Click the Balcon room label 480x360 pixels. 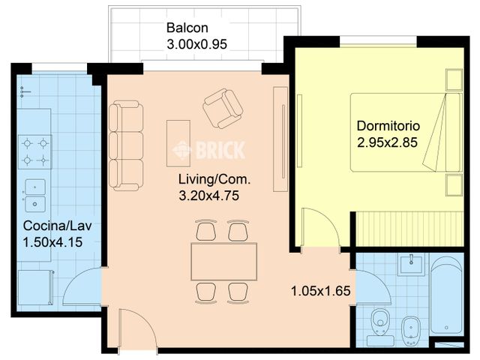pos(187,28)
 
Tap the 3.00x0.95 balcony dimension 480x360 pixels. pos(196,44)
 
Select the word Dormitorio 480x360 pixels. pos(388,126)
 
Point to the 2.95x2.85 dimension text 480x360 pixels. pos(387,142)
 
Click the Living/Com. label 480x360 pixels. pos(214,179)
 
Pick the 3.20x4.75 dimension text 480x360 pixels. pos(208,196)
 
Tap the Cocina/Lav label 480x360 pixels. pos(57,226)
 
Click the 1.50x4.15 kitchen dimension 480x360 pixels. pos(52,242)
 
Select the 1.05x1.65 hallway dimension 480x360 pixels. pos(320,291)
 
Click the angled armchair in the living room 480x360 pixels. pos(223,109)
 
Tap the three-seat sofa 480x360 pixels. pos(126,145)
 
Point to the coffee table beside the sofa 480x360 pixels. pos(178,143)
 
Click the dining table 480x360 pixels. pos(223,262)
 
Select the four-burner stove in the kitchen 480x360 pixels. pos(35,151)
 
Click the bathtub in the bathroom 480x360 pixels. pos(445,295)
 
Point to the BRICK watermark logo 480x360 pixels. pos(208,150)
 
